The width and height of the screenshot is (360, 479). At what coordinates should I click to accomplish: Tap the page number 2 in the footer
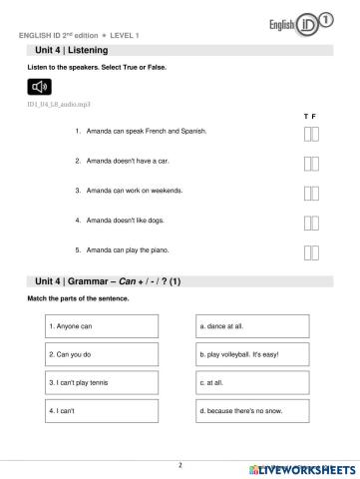coord(180,464)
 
